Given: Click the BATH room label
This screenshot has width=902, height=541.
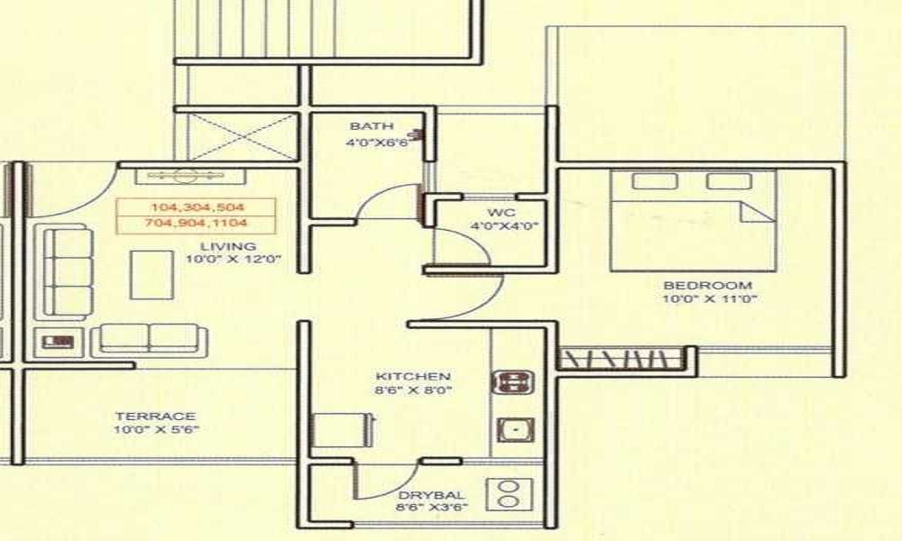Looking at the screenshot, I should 366,126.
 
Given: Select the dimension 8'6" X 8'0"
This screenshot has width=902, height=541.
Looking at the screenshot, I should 413,390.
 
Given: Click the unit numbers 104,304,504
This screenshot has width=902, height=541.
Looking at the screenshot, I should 196,206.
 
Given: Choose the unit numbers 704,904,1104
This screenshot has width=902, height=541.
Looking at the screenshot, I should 196,222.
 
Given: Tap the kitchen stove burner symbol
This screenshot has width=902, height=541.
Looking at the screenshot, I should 513,382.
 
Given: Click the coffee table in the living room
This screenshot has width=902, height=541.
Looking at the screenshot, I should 151,274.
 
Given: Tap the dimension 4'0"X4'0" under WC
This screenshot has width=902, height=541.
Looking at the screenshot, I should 503,226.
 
